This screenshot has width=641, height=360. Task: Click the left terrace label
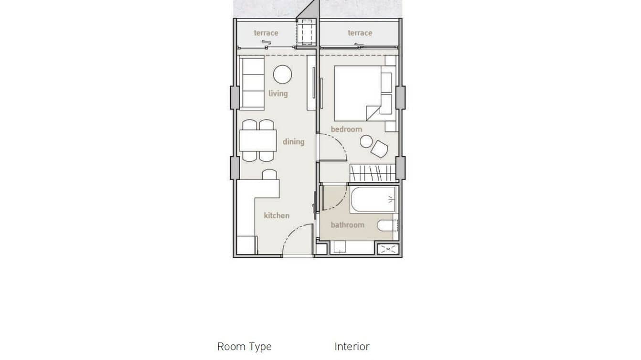266,33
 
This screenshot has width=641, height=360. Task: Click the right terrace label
360,33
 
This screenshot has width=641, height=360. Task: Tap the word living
278,93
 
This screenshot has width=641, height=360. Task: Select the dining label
293,141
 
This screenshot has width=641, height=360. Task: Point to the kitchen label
277,215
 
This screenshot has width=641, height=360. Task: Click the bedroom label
346,129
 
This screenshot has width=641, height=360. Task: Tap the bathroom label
347,224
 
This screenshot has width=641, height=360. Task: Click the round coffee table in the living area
282,74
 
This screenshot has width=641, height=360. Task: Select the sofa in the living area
252,83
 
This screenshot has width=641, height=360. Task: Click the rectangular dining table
258,141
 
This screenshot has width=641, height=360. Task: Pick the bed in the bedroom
358,93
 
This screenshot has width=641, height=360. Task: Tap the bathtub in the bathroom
373,200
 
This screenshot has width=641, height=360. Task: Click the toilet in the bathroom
386,225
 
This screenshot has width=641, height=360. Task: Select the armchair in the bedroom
379,149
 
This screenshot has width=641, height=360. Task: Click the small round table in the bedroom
366,141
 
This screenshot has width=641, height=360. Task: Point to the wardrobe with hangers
373,172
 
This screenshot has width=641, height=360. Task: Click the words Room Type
244,347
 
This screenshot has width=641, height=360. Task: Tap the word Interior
352,347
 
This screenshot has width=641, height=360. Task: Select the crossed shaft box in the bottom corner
388,249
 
